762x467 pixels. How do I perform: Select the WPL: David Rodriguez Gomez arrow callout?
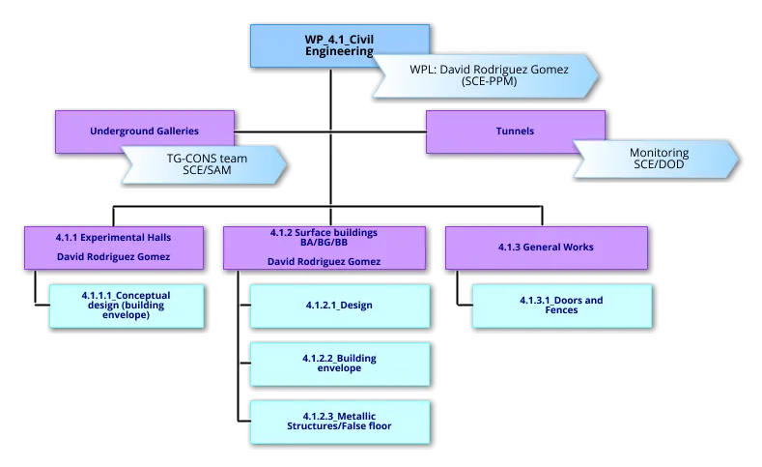click(x=488, y=76)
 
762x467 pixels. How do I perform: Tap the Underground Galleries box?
click(x=145, y=131)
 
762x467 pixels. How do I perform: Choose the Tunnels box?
click(x=515, y=131)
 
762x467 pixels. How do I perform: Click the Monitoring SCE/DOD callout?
click(x=657, y=160)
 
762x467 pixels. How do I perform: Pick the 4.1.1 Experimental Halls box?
click(x=114, y=247)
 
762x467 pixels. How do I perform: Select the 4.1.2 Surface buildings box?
click(x=324, y=247)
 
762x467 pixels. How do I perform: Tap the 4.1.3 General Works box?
click(x=547, y=247)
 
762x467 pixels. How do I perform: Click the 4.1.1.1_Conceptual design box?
click(x=127, y=306)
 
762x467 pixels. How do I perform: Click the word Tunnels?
click(x=515, y=131)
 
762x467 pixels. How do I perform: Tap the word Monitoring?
click(x=659, y=153)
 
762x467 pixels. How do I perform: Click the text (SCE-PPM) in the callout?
click(x=489, y=82)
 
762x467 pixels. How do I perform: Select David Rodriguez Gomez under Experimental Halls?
click(x=114, y=257)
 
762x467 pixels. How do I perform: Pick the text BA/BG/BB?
click(x=324, y=245)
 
